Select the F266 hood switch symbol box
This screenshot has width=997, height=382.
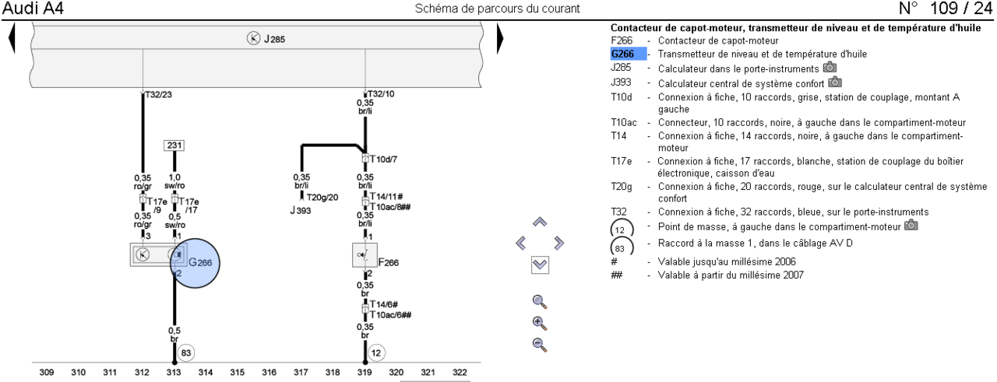coord(365,255)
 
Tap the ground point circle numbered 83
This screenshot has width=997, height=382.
coord(185,353)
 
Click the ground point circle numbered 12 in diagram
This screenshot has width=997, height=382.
coord(376,353)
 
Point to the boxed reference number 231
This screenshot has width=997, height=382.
coord(174,145)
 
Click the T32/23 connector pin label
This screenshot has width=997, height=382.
coord(158,94)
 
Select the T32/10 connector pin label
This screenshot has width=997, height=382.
coord(381,94)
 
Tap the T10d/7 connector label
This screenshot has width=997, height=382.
coord(383,159)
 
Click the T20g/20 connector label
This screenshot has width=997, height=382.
coord(322,198)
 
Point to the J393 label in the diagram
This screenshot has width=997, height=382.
coord(301,210)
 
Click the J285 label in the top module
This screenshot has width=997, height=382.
coord(274,39)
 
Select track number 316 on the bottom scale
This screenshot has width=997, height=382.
coord(269,372)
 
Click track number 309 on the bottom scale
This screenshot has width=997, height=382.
coord(47,372)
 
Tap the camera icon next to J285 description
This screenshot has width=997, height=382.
coord(830,68)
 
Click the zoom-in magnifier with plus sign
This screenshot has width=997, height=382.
coord(540,324)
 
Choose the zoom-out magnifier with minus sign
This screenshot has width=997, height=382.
coord(540,345)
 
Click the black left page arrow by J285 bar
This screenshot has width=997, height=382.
coord(12,38)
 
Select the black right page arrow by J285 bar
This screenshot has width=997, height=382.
coord(500,38)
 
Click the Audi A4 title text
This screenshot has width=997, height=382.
coord(33,9)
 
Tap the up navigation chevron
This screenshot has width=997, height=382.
coord(540,222)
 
